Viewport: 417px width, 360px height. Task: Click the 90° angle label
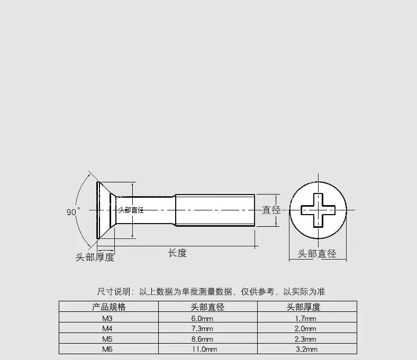[x=73, y=212]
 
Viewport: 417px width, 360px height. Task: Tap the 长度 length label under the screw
[x=177, y=253]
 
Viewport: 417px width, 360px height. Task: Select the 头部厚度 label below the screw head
[x=95, y=257]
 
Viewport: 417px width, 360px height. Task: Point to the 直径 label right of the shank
[x=271, y=210]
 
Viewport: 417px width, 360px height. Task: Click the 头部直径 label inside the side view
[x=131, y=210]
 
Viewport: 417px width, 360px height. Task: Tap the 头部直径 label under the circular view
[x=317, y=254]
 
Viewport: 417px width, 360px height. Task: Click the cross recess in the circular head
[x=317, y=210]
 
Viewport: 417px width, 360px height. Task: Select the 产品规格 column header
[x=108, y=307]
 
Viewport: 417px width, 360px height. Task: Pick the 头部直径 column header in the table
[x=207, y=307]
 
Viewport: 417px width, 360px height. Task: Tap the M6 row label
[x=108, y=349]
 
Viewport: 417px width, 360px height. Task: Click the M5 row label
[x=108, y=339]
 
